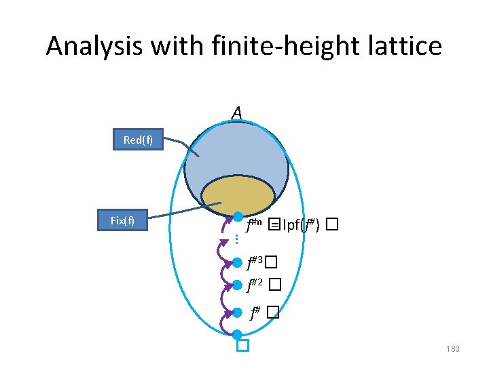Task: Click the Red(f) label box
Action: pos(138,140)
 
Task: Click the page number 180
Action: pos(452,349)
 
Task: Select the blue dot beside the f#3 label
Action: pos(237,262)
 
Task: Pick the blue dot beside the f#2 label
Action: pos(237,285)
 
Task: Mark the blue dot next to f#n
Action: pos(238,217)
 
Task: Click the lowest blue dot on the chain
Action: pos(237,334)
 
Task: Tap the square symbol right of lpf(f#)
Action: pos(331,225)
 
